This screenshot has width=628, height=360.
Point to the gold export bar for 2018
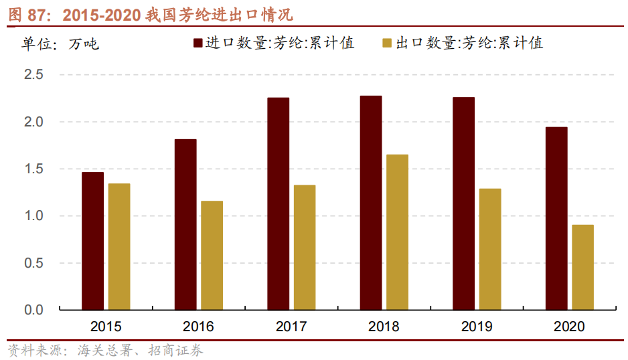point(397,232)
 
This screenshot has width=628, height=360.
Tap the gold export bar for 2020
point(582,267)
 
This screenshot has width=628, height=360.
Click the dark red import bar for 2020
point(556,218)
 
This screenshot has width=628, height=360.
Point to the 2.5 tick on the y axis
point(33,75)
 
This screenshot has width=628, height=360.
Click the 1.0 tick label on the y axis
point(33,216)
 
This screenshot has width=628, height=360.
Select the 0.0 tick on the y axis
point(33,310)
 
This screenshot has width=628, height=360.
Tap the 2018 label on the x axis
point(384,327)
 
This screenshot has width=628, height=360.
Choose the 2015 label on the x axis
point(106,327)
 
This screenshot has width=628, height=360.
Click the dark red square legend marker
point(199,43)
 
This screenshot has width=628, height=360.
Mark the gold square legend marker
point(387,43)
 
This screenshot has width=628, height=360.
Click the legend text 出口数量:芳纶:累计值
point(469,43)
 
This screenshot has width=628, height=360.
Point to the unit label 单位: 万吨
point(60,44)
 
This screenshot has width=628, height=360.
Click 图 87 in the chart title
point(25,14)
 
